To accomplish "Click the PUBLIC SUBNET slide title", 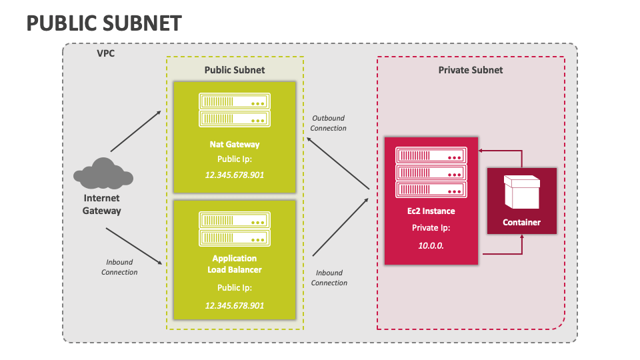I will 104,23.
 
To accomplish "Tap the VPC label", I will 105,53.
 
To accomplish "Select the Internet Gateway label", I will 102,205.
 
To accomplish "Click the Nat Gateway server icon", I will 234,111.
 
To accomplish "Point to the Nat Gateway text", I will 234,144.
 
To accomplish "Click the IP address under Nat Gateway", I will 234,174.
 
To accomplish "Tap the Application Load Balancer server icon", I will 234,229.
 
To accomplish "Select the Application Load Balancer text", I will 234,264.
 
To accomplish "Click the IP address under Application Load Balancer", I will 234,305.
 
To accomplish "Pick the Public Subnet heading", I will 234,70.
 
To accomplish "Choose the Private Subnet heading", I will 471,70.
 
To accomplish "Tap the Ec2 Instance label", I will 431,211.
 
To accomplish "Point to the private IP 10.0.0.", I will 431,245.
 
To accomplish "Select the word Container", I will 521,223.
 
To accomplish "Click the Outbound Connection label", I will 329,123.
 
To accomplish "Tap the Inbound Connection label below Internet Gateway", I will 119,267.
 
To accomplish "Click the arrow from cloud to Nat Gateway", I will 135,131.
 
